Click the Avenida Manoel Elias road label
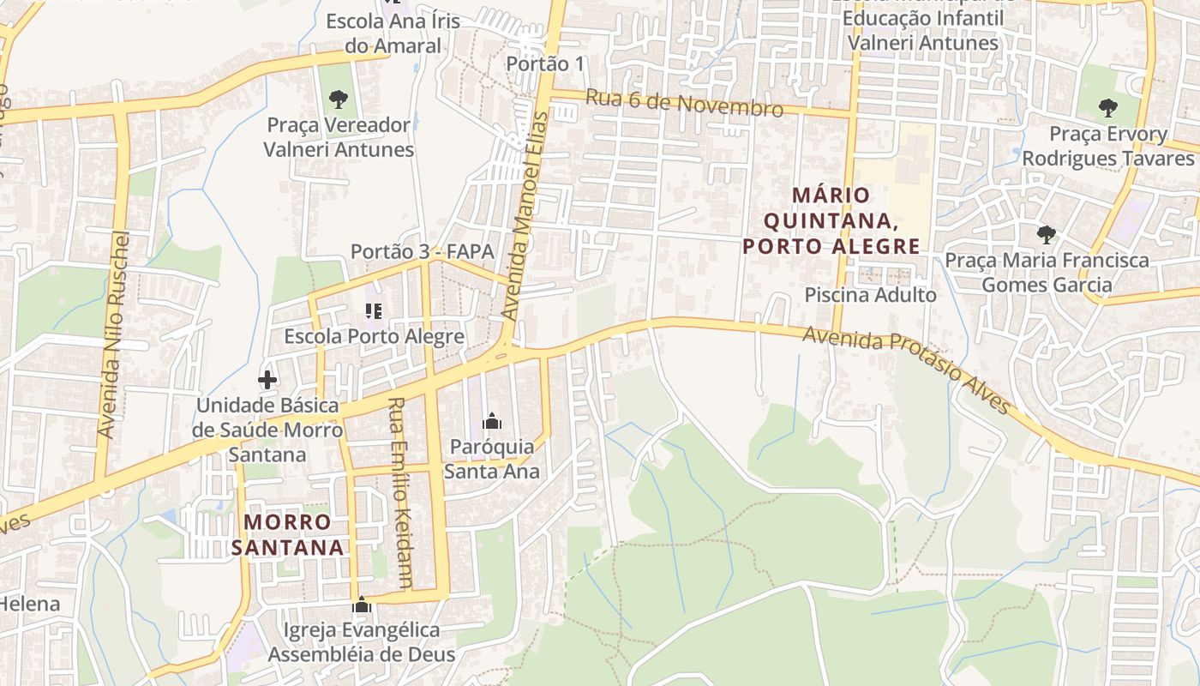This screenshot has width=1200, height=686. click(524, 215)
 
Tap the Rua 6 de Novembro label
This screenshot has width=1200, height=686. click(684, 103)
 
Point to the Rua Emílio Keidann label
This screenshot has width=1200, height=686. click(400, 493)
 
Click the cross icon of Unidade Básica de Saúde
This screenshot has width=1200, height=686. click(267, 379)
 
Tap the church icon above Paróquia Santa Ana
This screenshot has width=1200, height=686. click(492, 421)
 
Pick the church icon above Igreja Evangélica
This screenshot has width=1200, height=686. click(362, 605)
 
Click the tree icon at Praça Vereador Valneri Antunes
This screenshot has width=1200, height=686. click(339, 99)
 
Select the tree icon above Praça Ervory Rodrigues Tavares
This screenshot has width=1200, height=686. click(1108, 108)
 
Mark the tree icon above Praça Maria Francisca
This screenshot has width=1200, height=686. click(1046, 234)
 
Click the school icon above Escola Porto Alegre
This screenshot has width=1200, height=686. click(373, 311)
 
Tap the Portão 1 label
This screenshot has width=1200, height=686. click(545, 63)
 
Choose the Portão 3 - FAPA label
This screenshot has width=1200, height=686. click(423, 251)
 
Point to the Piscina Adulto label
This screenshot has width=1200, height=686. click(870, 295)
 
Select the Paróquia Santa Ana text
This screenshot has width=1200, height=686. click(492, 459)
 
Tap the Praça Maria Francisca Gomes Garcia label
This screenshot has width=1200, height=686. click(1047, 272)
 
